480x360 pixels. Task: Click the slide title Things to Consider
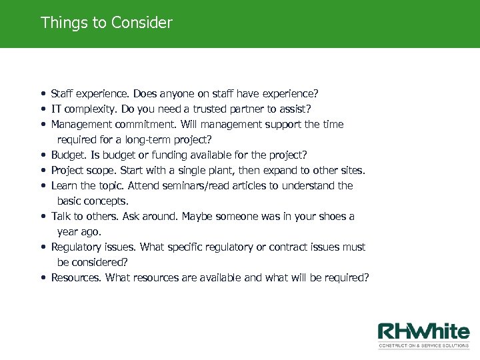coord(106,23)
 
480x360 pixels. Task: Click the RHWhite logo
coord(423,335)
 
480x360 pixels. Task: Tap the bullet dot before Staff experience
coord(43,94)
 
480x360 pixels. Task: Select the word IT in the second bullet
coord(57,109)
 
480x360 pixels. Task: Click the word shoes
coord(333,216)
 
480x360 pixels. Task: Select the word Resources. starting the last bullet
coord(77,277)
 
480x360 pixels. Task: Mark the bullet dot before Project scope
coord(43,171)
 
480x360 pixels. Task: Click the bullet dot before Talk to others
coord(43,217)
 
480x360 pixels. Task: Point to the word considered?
coord(100,262)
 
